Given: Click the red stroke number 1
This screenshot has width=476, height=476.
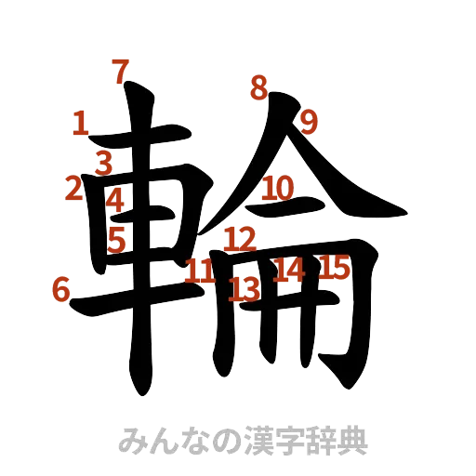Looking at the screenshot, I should coord(80,123).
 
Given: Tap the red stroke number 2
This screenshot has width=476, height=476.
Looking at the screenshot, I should coord(73,188).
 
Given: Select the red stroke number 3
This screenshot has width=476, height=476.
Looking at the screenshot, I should coord(103,163).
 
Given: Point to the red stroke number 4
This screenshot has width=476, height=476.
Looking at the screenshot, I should coord(114,198).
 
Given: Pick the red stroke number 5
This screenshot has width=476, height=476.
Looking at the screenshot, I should coord(116,239).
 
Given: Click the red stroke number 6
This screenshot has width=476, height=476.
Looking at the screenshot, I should coord(61,290).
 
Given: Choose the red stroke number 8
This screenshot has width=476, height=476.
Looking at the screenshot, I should coord(258,88).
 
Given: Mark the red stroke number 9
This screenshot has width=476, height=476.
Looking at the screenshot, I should coord(309,121).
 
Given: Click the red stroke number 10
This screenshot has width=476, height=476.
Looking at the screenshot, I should coord(277,189).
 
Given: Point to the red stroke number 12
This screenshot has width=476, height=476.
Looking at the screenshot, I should coord(240,238).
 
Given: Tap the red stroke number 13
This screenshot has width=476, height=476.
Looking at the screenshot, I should coord(245,288).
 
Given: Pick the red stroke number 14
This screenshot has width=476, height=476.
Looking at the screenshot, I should coord(288,271).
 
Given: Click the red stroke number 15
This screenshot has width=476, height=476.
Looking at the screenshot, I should coord(335,268).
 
